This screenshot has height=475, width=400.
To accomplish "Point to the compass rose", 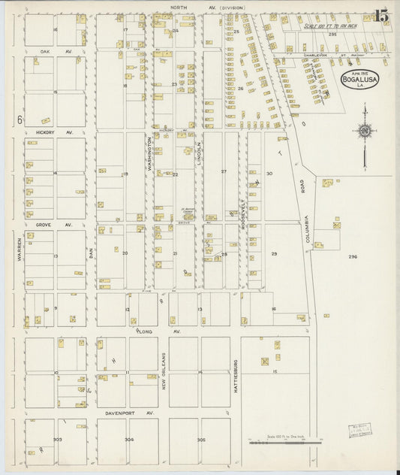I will point(364,132).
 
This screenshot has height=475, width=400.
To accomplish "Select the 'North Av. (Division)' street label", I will point(206,8).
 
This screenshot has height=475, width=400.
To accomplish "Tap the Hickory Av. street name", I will point(54,132).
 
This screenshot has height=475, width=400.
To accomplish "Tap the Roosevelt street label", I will point(244,216).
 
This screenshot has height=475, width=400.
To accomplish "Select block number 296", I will point(353,256).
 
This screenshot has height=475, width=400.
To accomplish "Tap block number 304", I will point(129,440).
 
